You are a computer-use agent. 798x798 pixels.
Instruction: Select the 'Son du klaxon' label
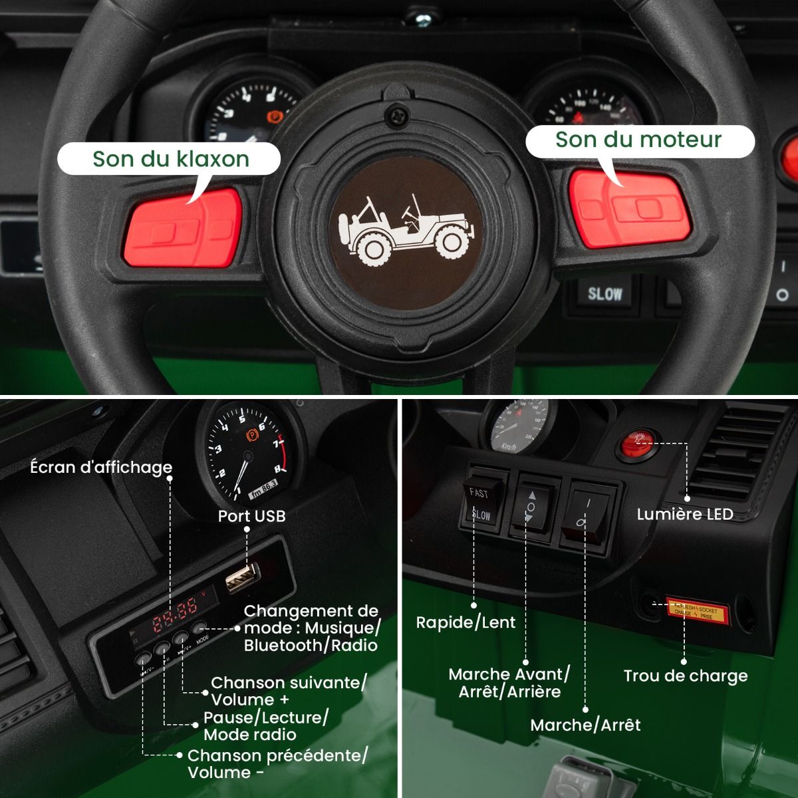click(170, 159)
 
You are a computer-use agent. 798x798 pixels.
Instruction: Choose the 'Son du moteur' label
click(638, 140)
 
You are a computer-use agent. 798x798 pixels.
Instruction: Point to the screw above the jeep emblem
click(397, 116)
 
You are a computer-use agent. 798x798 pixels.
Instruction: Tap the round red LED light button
click(636, 443)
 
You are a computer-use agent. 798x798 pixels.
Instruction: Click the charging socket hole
click(648, 604)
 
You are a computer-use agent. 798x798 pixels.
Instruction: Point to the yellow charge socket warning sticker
click(697, 610)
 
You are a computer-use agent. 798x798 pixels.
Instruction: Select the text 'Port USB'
click(251, 516)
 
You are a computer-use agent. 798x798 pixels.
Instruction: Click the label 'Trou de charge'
click(685, 676)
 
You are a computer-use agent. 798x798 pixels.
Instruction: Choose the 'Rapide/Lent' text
click(465, 622)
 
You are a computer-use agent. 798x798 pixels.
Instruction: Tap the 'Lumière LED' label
click(684, 514)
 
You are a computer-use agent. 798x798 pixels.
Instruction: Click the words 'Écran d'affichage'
click(101, 467)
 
